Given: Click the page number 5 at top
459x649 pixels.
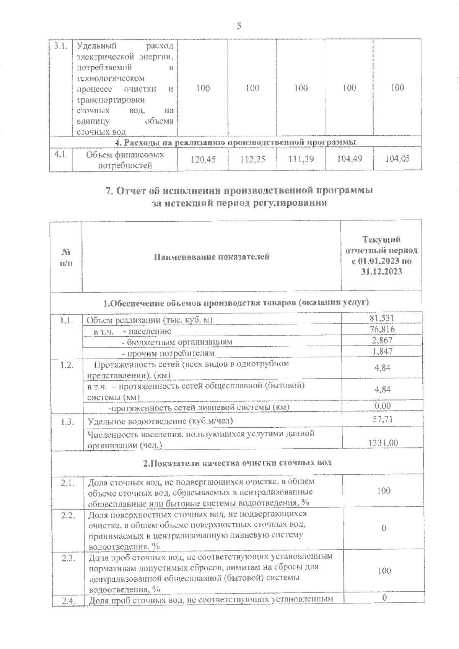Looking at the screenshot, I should coord(239,26).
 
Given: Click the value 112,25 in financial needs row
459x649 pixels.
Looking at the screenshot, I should coord(253,159).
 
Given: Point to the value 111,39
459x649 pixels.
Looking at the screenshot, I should coord(301,159).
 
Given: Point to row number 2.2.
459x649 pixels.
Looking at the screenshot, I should coord(67,515).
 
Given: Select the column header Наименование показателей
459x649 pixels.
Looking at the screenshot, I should coord(212,256).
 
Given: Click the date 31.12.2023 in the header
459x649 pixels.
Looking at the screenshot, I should coord(381,272).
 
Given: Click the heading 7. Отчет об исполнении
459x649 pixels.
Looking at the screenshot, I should coord(239,190).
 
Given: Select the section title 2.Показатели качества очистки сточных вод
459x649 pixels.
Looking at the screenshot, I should coord(237,462).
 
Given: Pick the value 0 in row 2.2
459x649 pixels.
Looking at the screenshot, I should coord(384,528).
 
